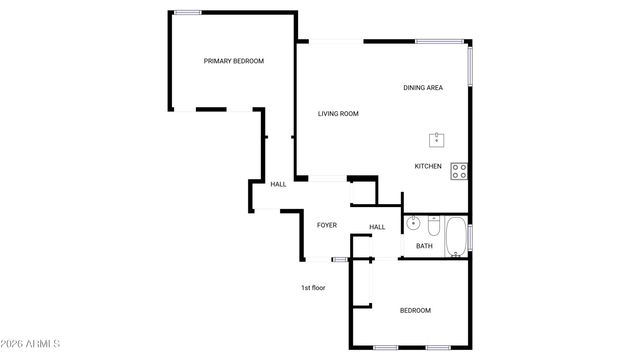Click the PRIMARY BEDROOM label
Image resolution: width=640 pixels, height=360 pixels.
pyautogui.click(x=234, y=61)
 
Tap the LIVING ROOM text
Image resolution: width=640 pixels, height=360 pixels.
pyautogui.click(x=338, y=114)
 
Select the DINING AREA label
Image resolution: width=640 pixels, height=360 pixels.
pyautogui.click(x=423, y=88)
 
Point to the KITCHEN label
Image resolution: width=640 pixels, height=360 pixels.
pyautogui.click(x=429, y=166)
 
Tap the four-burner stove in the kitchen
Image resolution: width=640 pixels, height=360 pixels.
pyautogui.click(x=459, y=171)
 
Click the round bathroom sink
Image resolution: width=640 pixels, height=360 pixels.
pyautogui.click(x=413, y=223)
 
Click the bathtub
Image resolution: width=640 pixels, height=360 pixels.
pyautogui.click(x=455, y=237)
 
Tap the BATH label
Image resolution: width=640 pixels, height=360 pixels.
pyautogui.click(x=425, y=246)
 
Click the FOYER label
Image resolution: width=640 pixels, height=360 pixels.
pyautogui.click(x=327, y=225)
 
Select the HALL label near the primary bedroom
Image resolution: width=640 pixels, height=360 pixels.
pyautogui.click(x=278, y=184)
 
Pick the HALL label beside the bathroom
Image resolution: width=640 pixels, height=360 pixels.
pyautogui.click(x=377, y=227)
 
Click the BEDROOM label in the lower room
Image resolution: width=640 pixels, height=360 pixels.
pyautogui.click(x=415, y=310)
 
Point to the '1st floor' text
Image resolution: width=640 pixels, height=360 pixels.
pyautogui.click(x=313, y=288)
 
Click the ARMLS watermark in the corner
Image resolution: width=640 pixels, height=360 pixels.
pyautogui.click(x=31, y=344)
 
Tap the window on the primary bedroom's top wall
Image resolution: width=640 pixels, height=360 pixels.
pyautogui.click(x=187, y=12)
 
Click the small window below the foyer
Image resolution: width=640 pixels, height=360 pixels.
pyautogui.click(x=340, y=260)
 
